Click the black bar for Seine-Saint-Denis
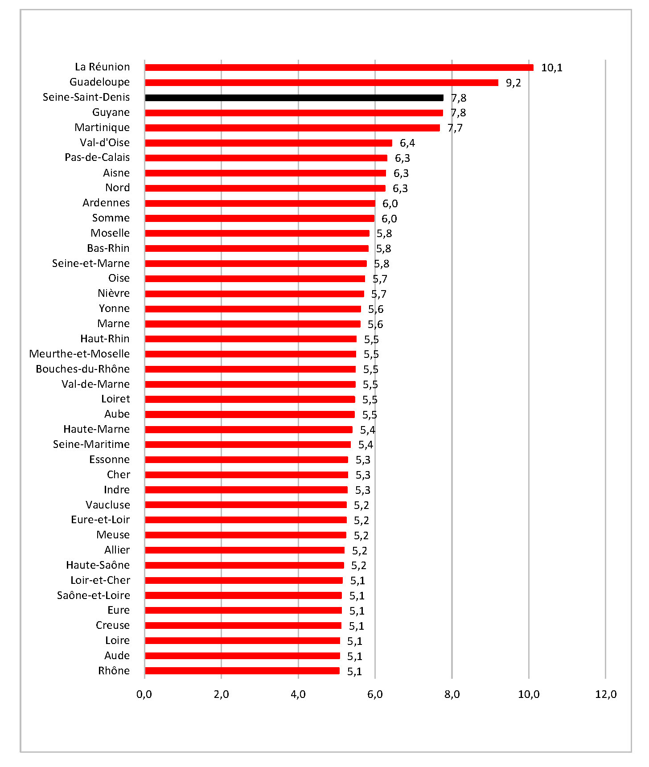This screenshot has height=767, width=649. tap(294, 98)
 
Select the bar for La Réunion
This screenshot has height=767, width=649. tap(339, 68)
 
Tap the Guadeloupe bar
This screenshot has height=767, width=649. tap(321, 82)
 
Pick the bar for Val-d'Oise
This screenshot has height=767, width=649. tap(268, 143)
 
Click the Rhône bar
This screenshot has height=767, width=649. tap(242, 671)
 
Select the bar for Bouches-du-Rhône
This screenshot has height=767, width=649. tap(250, 369)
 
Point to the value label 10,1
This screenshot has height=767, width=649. tap(551, 68)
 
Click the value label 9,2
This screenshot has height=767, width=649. tap(513, 83)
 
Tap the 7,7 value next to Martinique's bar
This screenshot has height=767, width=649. tap(455, 128)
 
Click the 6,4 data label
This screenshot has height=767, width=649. tap(407, 143)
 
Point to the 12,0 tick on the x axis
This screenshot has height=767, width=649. tap(606, 694)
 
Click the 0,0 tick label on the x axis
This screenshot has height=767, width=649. tap(144, 694)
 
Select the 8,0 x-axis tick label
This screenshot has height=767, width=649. tap(452, 694)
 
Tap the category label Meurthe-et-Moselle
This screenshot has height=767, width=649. tap(79, 354)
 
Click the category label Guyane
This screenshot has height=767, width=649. tap(111, 112)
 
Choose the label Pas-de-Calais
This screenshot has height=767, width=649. tap(97, 157)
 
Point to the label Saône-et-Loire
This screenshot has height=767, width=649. tap(94, 595)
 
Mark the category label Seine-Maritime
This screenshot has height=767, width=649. tap(91, 444)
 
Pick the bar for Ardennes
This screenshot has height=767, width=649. tap(260, 203)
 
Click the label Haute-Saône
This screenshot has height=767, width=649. tap(98, 565)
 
